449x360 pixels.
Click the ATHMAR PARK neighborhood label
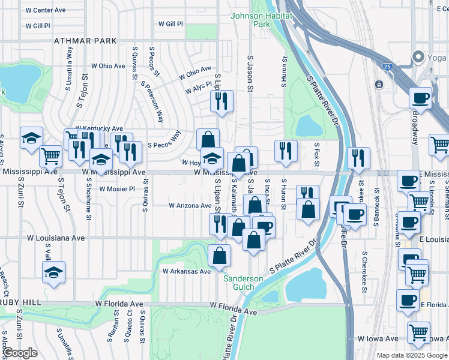85,41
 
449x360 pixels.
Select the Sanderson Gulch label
243,283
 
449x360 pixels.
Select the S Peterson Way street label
152,103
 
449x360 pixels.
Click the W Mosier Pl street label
117,188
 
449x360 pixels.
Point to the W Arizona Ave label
190,205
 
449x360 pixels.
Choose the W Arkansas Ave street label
187,271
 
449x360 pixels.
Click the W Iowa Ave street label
379,338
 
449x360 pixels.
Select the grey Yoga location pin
418,57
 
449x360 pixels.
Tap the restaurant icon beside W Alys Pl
221,101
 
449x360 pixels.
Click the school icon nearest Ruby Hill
54,273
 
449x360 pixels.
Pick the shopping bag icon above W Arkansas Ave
220,255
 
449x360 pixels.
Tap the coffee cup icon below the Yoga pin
420,98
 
